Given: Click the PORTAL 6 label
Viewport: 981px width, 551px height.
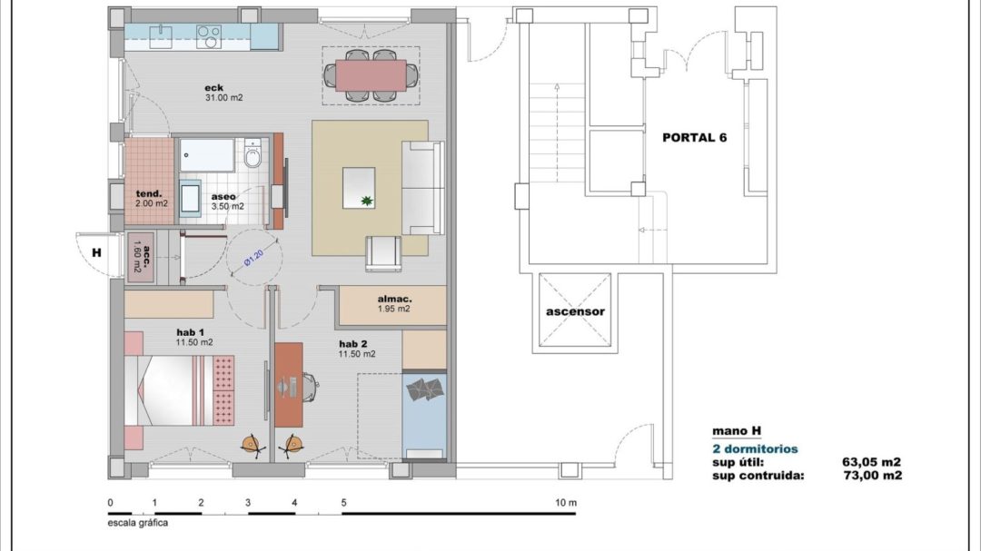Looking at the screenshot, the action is [x=695, y=138].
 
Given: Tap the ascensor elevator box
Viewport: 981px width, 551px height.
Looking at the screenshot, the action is [x=575, y=310].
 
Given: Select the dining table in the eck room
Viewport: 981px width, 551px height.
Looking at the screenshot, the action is [x=371, y=75].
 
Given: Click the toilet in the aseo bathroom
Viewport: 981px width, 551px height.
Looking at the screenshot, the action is [x=253, y=153].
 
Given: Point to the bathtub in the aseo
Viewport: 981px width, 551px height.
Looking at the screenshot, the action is [x=206, y=154].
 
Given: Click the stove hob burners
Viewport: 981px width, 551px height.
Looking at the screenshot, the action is [x=209, y=37].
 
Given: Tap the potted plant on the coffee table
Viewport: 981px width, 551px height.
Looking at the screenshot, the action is [x=365, y=200].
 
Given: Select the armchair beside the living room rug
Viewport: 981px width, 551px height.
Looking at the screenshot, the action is [x=383, y=252].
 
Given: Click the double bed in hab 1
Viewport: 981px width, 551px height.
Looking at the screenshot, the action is [x=180, y=390].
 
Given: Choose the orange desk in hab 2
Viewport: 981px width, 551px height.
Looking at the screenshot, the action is [x=289, y=385].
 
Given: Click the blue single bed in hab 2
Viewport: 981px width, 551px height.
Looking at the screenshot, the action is [x=424, y=415].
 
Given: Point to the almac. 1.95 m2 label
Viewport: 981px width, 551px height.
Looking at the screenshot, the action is [x=395, y=304].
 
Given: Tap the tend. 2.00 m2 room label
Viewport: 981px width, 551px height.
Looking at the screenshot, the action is [x=150, y=199].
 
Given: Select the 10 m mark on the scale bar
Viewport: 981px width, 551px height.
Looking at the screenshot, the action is [x=566, y=503].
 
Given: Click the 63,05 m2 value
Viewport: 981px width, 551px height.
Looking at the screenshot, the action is [x=871, y=462].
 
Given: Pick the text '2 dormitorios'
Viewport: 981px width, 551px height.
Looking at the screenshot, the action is [x=755, y=449].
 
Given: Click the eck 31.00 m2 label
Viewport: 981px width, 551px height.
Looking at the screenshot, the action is [x=223, y=93].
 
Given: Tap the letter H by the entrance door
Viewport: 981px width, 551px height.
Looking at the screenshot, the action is [x=96, y=252].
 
